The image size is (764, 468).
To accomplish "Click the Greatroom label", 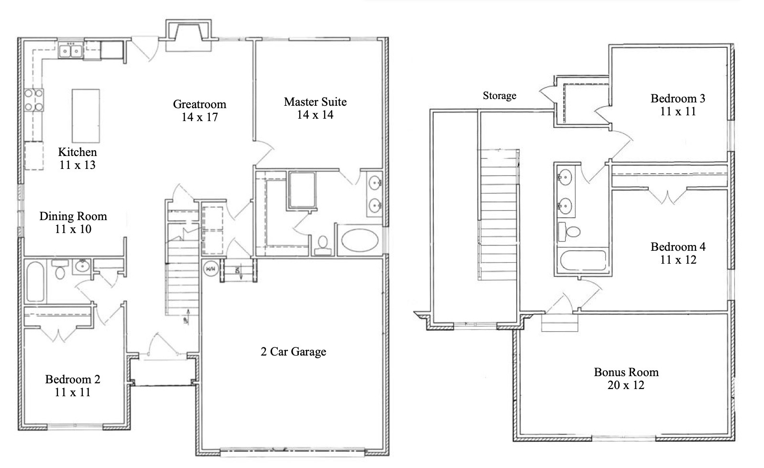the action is pyautogui.click(x=199, y=104).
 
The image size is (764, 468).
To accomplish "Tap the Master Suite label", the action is pyautogui.click(x=315, y=102).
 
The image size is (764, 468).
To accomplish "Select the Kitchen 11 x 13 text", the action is pyautogui.click(x=77, y=158).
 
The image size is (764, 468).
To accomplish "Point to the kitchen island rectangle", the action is pyautogui.click(x=86, y=116).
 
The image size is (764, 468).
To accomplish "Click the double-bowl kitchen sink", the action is pyautogui.click(x=71, y=51).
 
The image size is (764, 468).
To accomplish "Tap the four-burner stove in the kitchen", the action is pyautogui.click(x=33, y=100).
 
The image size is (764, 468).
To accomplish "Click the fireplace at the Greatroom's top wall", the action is pyautogui.click(x=188, y=35).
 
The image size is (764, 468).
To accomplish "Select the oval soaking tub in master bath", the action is pyautogui.click(x=360, y=240).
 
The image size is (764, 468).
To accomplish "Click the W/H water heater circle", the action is pyautogui.click(x=210, y=269).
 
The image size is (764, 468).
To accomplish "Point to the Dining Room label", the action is pyautogui.click(x=73, y=216).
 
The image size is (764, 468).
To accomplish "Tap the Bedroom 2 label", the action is pyautogui.click(x=73, y=379).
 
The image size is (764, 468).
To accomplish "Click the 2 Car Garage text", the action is pyautogui.click(x=294, y=352).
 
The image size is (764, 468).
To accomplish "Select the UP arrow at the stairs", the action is pyautogui.click(x=187, y=316).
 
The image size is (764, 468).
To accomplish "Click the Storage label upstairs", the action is pyautogui.click(x=499, y=96).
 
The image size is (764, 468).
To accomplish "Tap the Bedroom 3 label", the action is pyautogui.click(x=678, y=98).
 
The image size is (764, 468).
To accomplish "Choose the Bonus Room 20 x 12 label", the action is pyautogui.click(x=626, y=379).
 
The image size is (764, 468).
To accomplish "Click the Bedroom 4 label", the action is pyautogui.click(x=678, y=247).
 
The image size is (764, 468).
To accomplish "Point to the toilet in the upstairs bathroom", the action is pyautogui.click(x=569, y=232).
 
